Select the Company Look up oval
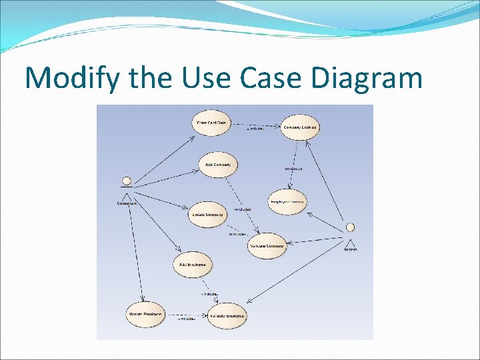(300, 127)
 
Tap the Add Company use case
(218, 165)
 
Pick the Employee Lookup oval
(287, 202)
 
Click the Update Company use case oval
(207, 215)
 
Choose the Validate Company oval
(267, 246)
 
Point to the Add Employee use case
(193, 265)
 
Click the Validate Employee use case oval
(227, 315)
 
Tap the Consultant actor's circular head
(125, 181)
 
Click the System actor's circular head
(350, 227)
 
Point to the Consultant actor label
(127, 203)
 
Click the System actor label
(351, 250)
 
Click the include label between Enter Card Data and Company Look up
(255, 129)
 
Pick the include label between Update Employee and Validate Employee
(186, 319)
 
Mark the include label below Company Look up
(293, 169)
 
